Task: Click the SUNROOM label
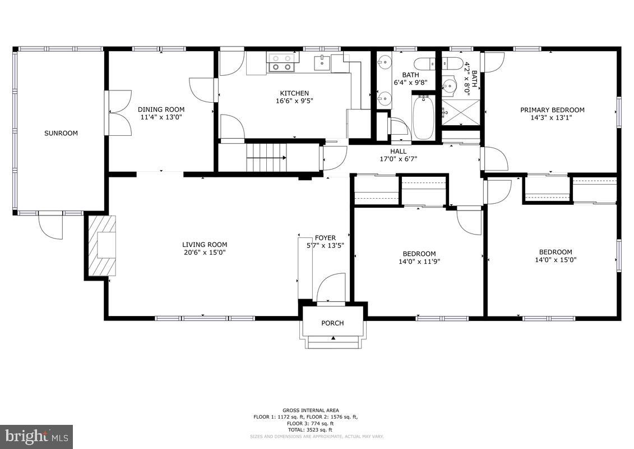[x=61, y=134]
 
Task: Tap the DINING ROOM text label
[x=161, y=109]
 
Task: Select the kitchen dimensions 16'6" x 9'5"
[x=294, y=101]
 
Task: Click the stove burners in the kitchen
[x=281, y=62]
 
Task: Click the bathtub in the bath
[x=423, y=117]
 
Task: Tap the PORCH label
[x=332, y=323]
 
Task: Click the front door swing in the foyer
[x=331, y=288]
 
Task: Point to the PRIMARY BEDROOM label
[x=552, y=110]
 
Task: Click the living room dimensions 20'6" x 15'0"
[x=205, y=253]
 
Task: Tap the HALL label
[x=398, y=151]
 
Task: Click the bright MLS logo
[x=36, y=436]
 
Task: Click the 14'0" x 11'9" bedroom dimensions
[x=419, y=261]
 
